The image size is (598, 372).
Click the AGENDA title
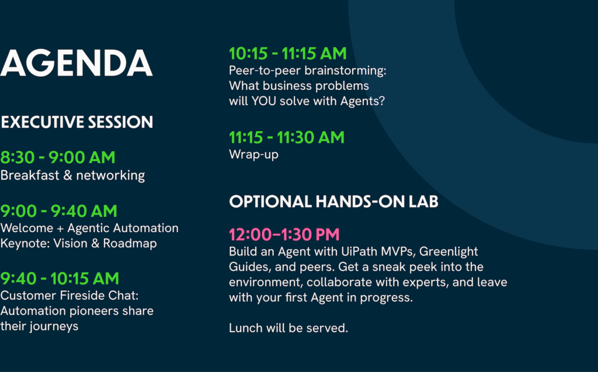[x=77, y=63]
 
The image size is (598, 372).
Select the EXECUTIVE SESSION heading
[x=77, y=122]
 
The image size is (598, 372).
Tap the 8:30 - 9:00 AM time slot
[x=58, y=157]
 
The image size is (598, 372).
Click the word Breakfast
[x=30, y=175]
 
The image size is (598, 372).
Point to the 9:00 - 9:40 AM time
[x=59, y=211]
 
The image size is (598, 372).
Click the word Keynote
[x=25, y=244]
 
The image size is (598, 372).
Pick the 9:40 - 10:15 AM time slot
[x=60, y=278]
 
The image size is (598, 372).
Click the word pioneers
[x=94, y=311]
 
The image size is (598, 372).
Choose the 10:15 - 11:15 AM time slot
[x=287, y=53]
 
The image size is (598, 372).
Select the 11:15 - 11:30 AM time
[x=286, y=138]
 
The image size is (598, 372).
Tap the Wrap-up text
[x=253, y=155]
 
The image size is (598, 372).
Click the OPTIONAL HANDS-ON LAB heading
[x=333, y=201]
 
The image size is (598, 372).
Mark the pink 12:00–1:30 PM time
[x=284, y=234]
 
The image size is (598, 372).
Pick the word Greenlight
[x=448, y=252]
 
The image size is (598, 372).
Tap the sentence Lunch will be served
[x=288, y=328]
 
